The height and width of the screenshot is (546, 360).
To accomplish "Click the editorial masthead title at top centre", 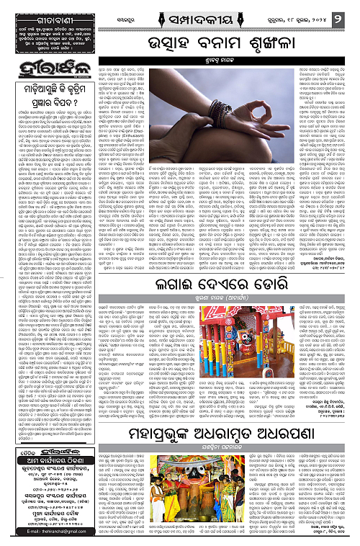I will (179, 14).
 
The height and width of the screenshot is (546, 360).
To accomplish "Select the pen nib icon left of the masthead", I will (131, 14).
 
